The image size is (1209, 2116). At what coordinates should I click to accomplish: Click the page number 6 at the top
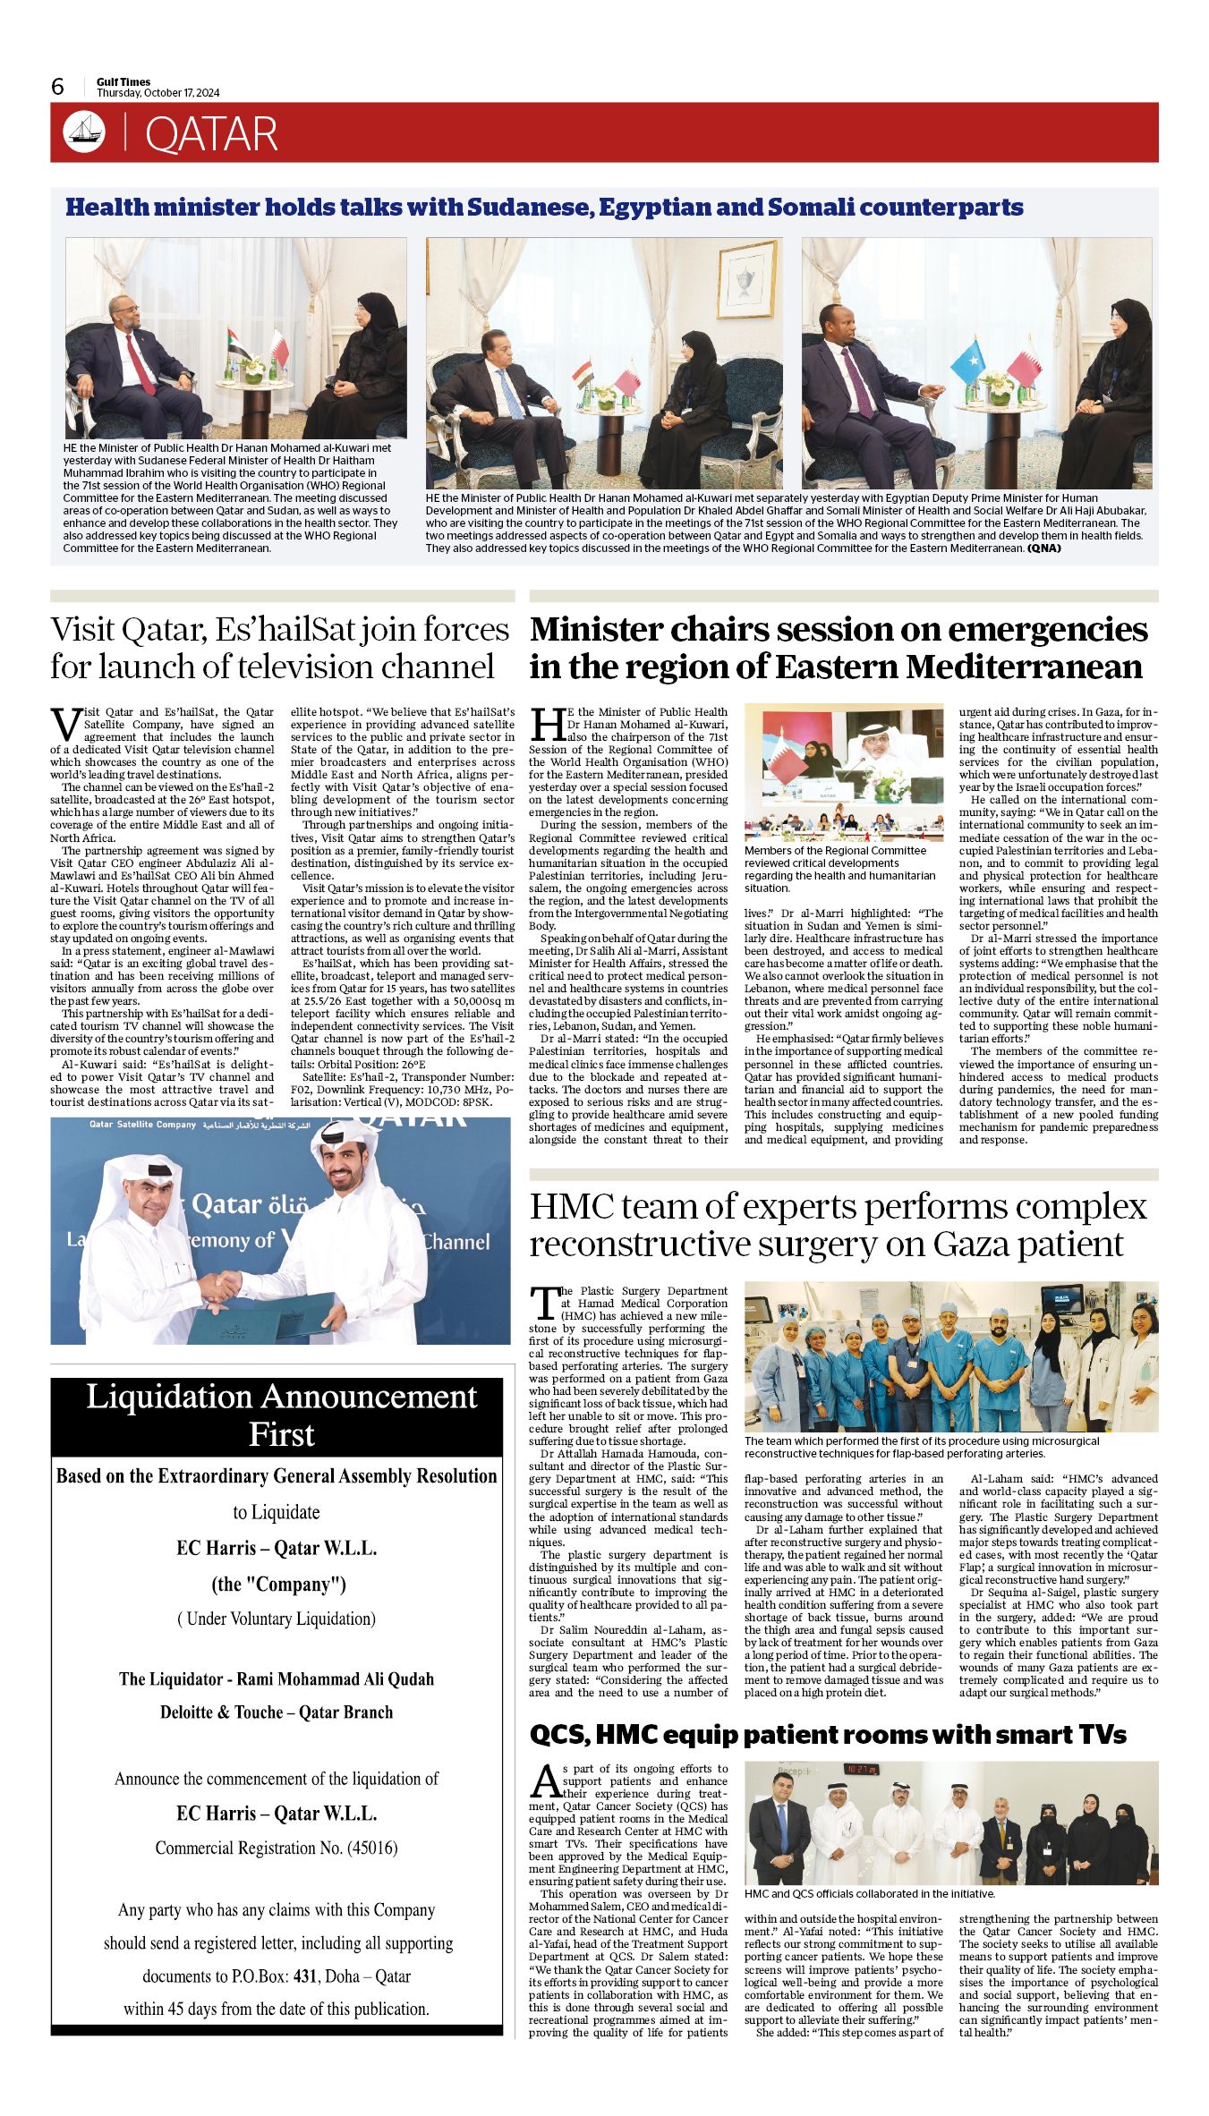[58, 86]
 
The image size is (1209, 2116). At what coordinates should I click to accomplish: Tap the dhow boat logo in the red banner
[84, 132]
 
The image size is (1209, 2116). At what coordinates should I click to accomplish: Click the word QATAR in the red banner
[211, 134]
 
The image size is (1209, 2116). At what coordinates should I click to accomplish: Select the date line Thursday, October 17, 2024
[158, 93]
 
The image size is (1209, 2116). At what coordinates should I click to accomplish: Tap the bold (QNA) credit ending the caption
[1043, 548]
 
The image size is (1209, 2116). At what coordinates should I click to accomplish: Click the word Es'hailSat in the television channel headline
[287, 629]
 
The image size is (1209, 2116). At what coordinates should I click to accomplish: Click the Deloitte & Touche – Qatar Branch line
[277, 1712]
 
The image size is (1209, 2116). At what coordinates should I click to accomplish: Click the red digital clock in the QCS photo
[864, 1769]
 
